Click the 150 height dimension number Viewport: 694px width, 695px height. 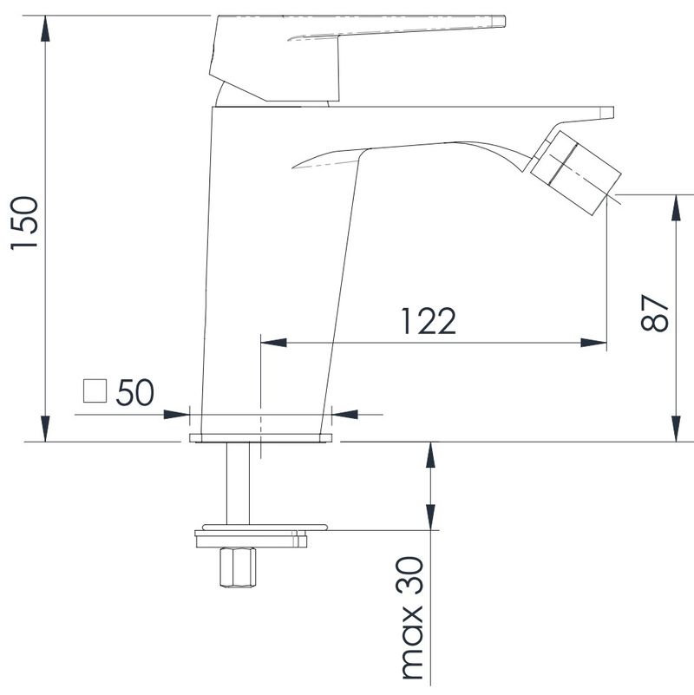24,223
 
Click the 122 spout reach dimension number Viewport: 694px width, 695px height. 428,321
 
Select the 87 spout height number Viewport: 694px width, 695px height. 654,313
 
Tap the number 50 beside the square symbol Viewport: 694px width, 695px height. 134,392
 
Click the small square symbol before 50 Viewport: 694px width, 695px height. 95,391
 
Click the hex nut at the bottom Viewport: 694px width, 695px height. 239,567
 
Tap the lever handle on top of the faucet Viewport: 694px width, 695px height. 357,57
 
